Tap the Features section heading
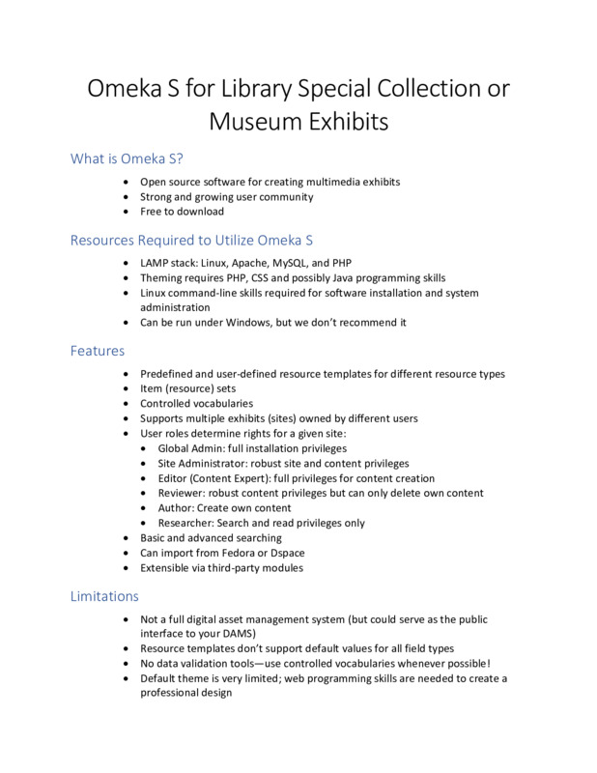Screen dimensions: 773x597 pos(98,351)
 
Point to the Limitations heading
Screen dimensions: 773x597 pos(104,596)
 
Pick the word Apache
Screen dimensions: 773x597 pos(242,262)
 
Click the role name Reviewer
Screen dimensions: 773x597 pos(181,493)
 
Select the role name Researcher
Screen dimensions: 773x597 pos(185,523)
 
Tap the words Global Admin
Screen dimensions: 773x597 pos(193,448)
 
